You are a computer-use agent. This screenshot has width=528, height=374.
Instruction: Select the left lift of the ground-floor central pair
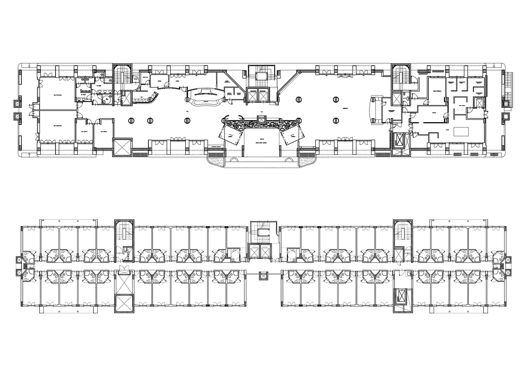[253, 96]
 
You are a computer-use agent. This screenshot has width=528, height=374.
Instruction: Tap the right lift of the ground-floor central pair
[264, 96]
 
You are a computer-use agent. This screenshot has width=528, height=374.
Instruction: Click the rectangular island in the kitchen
[461, 131]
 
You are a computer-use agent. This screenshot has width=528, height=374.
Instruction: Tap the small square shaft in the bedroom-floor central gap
[262, 275]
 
